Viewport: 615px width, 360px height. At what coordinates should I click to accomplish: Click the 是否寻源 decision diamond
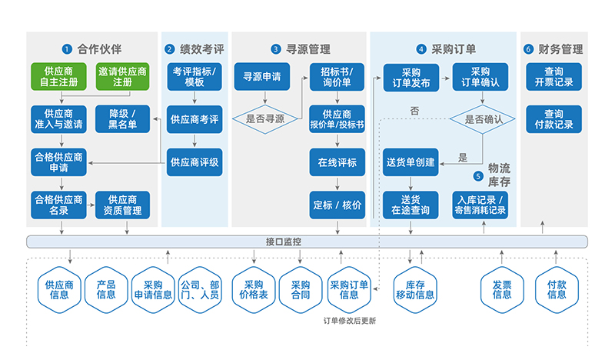tap(264, 119)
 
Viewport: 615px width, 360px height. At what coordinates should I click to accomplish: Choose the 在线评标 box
tap(337, 162)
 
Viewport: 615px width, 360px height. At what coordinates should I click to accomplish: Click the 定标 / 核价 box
tap(337, 205)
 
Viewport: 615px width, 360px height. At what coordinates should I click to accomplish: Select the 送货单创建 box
tap(410, 162)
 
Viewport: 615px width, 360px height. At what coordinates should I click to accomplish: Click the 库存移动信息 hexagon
tap(415, 288)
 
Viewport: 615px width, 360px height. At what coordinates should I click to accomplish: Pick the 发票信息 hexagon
tap(502, 288)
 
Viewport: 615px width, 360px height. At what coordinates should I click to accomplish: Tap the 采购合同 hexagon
tap(300, 288)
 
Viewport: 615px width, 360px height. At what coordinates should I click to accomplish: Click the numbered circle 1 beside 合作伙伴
tap(67, 48)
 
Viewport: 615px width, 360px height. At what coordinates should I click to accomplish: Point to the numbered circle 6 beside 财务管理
tap(528, 48)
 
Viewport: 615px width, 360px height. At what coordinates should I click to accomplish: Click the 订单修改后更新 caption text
tap(350, 322)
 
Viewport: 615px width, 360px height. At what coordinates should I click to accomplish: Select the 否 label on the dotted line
tap(414, 111)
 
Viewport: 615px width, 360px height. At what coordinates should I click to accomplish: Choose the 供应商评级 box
tap(194, 162)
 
